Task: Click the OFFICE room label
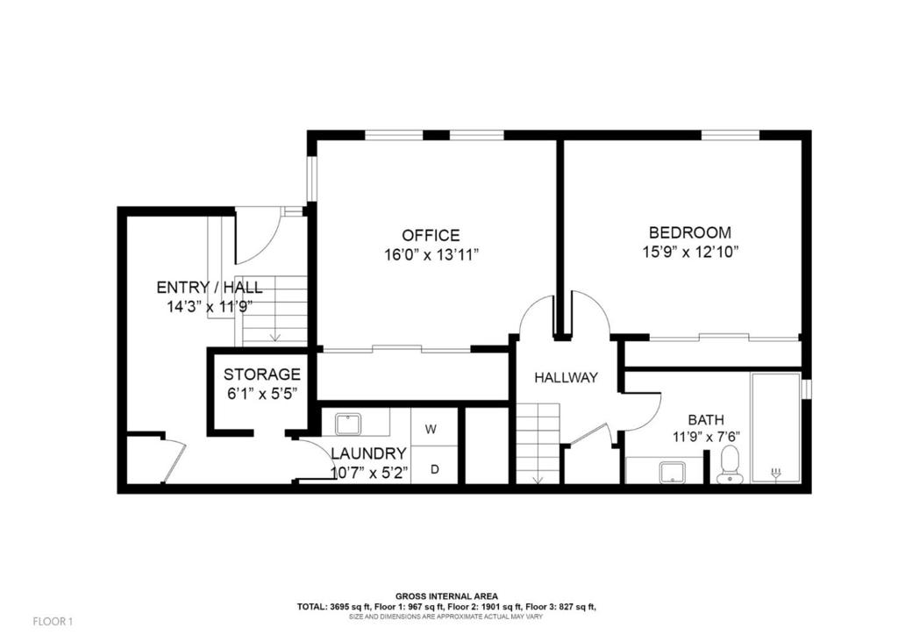pos(431,235)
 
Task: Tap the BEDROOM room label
pos(689,232)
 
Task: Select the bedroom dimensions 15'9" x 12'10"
pos(689,252)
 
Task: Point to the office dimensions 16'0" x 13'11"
pos(431,255)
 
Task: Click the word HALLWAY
pos(566,377)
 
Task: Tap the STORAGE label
pos(261,374)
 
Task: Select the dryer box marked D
pos(435,469)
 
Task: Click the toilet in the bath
pos(729,465)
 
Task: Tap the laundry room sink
pos(347,425)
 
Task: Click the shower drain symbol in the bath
pos(776,473)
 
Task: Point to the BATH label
pos(706,420)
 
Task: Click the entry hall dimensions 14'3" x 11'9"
pos(210,307)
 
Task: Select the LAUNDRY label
pos(369,453)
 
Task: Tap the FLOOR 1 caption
pos(53,621)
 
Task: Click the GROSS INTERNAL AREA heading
pos(446,596)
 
